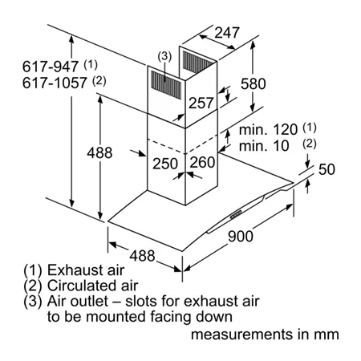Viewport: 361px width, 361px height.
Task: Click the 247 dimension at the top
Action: [227, 33]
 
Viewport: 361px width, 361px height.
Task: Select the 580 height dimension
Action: [253, 83]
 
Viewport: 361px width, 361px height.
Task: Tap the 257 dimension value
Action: [201, 103]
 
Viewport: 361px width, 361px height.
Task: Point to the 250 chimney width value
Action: [165, 164]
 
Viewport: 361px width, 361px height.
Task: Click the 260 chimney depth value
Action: [202, 162]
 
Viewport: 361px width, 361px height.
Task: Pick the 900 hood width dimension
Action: [241, 236]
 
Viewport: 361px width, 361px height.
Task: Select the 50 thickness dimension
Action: [327, 169]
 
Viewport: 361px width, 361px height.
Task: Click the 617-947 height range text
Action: [51, 67]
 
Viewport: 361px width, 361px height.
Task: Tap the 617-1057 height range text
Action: [55, 83]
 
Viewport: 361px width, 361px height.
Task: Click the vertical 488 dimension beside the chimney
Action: [99, 152]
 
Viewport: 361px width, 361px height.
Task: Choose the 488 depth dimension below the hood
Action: [142, 256]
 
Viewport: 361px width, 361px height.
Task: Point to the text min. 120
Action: [268, 129]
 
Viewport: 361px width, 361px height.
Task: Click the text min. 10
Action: [264, 146]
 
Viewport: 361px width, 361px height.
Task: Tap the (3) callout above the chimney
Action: [164, 56]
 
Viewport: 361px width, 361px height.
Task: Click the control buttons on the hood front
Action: [236, 214]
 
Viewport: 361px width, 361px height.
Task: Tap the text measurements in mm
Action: [265, 335]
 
